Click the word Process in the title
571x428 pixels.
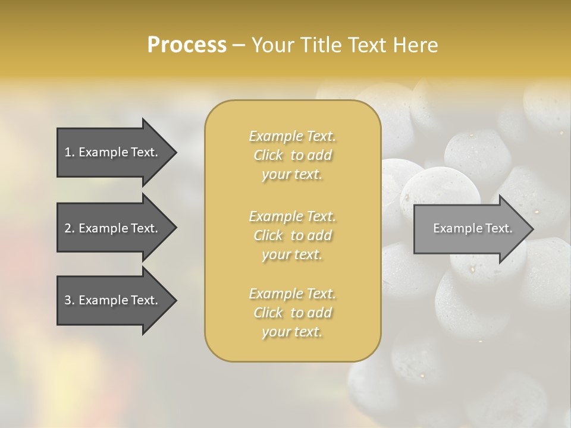pyautogui.click(x=187, y=45)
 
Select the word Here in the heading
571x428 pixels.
pyautogui.click(x=416, y=45)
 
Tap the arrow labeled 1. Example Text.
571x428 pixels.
pyautogui.click(x=111, y=152)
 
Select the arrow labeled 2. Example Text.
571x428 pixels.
pyautogui.click(x=111, y=228)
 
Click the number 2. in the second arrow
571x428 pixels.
pyautogui.click(x=70, y=228)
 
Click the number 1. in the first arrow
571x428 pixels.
pyautogui.click(x=70, y=152)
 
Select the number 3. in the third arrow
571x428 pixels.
pyautogui.click(x=70, y=301)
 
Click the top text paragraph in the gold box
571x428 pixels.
pyautogui.click(x=292, y=155)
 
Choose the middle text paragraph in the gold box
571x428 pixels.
pyautogui.click(x=292, y=235)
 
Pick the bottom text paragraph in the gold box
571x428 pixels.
pyautogui.click(x=292, y=313)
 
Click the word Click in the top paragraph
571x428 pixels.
pyautogui.click(x=268, y=156)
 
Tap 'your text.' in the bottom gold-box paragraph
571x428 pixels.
pyautogui.click(x=292, y=332)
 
